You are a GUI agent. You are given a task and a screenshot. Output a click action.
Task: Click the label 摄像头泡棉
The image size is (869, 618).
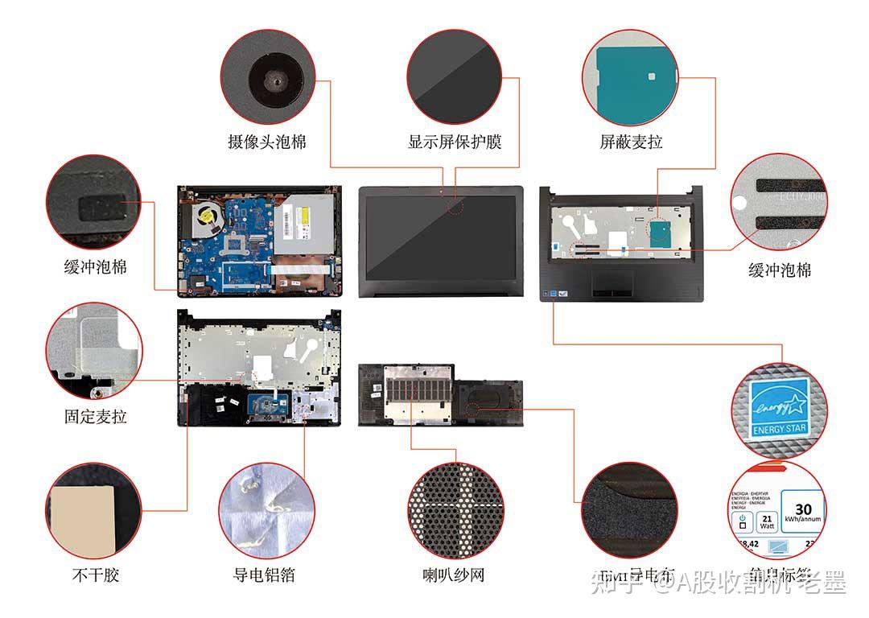click(267, 142)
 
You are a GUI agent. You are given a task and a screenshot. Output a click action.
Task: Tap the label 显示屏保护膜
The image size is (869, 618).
click(455, 142)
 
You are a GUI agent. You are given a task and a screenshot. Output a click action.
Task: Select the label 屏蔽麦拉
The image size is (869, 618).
click(631, 142)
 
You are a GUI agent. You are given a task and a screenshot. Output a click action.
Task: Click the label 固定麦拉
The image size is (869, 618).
click(95, 416)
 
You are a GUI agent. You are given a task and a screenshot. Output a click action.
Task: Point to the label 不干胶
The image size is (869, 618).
click(95, 575)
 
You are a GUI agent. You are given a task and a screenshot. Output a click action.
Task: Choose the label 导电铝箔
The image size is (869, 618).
click(264, 575)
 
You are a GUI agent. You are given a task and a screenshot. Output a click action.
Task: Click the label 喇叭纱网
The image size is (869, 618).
click(454, 575)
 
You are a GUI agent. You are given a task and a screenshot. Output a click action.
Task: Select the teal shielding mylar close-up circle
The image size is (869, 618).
click(630, 78)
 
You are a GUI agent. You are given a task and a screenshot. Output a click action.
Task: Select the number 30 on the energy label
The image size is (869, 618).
click(802, 509)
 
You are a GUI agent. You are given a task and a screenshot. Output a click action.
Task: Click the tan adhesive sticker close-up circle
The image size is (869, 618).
click(93, 511)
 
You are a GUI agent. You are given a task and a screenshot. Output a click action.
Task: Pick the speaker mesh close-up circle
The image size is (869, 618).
click(455, 509)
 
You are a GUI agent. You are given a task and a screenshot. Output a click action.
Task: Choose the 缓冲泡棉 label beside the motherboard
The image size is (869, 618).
click(95, 266)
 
